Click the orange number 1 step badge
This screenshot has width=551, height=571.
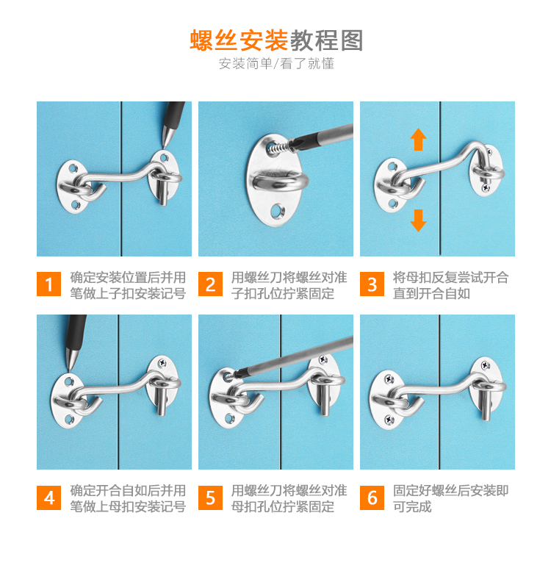click(x=48, y=284)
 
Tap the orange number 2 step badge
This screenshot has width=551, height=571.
click(x=210, y=284)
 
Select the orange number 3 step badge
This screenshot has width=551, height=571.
click(x=372, y=284)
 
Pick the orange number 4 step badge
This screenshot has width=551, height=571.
click(x=48, y=498)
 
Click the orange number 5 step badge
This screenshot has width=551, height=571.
click(x=210, y=498)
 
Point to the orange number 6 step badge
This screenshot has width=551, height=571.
click(x=372, y=498)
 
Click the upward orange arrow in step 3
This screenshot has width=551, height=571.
click(x=418, y=139)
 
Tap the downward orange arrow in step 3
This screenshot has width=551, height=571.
click(x=418, y=220)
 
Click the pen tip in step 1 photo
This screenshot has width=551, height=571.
click(x=164, y=148)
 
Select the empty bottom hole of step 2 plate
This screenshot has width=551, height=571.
click(x=278, y=210)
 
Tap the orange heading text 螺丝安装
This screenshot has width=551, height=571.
click(x=239, y=40)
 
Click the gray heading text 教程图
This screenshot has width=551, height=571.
click(x=327, y=40)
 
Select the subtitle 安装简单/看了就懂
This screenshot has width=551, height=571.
click(x=276, y=64)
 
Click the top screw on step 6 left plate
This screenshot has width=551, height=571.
click(x=389, y=379)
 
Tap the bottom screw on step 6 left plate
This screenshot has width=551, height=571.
click(x=389, y=420)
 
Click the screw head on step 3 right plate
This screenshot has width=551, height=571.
click(x=486, y=188)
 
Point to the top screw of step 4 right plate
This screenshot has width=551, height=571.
click(x=162, y=362)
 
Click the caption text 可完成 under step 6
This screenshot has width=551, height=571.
click(x=412, y=506)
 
